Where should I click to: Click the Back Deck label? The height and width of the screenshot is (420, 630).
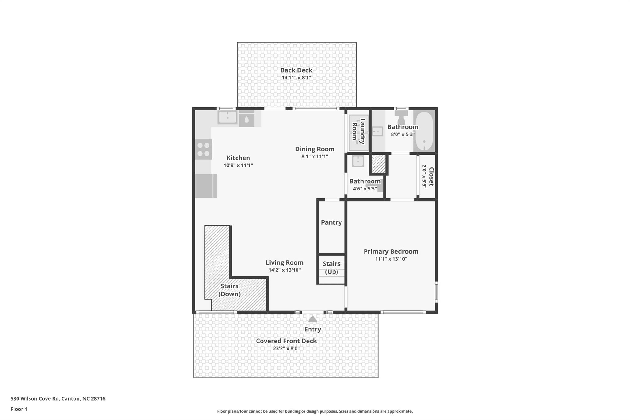pos(296,70)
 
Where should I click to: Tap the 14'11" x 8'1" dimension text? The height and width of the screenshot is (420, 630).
pos(296,78)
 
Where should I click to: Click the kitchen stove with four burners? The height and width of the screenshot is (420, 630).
pos(203,150)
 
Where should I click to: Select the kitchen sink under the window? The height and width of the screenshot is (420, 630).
pos(227,118)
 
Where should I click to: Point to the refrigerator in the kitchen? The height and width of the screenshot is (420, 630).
pos(205,186)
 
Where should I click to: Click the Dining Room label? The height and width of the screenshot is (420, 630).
pos(315,149)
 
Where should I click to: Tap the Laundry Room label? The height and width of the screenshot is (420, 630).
pos(358,131)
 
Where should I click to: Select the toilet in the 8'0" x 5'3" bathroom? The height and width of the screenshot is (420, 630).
pos(401,117)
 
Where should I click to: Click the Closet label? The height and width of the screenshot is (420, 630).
pos(431,177)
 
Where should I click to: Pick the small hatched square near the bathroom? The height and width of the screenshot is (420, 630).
pos(378,164)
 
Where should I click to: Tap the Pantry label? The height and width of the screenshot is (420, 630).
pos(331,222)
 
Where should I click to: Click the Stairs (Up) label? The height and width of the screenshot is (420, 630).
pos(331,268)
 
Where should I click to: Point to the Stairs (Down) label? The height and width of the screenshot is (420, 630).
pos(229,290)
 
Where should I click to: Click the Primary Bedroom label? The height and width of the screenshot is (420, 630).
pos(391,251)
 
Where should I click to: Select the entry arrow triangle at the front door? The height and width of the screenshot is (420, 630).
pos(313,319)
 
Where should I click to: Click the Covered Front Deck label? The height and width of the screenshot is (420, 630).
pos(286,341)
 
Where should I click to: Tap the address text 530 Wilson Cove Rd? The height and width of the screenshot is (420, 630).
pos(58,398)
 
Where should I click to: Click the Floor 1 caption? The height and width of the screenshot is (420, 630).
pos(19,409)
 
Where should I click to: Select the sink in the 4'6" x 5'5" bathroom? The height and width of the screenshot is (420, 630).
pos(358,161)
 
